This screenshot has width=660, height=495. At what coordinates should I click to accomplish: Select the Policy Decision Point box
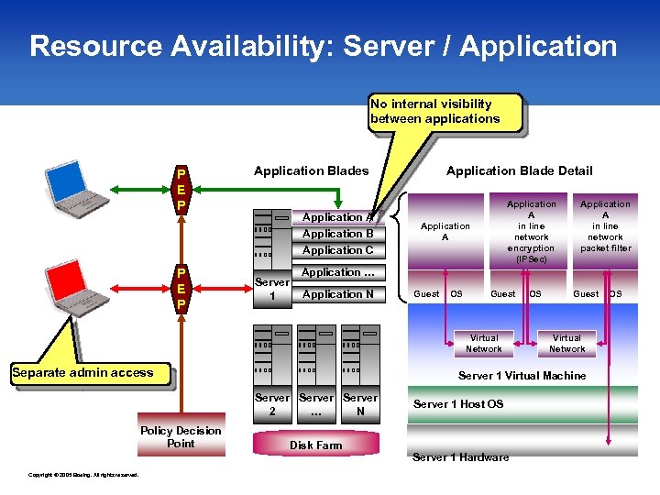point(181,437)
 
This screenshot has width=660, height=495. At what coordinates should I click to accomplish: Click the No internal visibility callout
point(444,111)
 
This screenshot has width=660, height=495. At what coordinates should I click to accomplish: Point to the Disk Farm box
point(315,445)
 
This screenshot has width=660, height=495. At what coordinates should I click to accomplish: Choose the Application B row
point(337,234)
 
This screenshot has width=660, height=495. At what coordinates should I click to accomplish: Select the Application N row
point(337,294)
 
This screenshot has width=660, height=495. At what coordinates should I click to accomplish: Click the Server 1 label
point(271,289)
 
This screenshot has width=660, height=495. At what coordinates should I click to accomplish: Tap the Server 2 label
point(271,404)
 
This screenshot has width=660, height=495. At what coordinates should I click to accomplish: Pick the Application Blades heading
point(311,170)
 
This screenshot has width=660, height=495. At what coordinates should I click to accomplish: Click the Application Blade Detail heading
point(519,170)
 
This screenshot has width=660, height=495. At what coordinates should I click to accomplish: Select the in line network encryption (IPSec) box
point(531,232)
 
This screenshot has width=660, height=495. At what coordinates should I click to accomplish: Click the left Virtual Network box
point(483,343)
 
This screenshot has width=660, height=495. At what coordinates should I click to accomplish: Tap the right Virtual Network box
point(566,343)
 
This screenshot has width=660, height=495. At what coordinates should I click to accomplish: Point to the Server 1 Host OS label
point(458,404)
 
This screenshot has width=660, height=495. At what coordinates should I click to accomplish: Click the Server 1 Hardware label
point(460,456)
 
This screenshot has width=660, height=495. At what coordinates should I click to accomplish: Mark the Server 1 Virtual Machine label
point(522,376)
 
